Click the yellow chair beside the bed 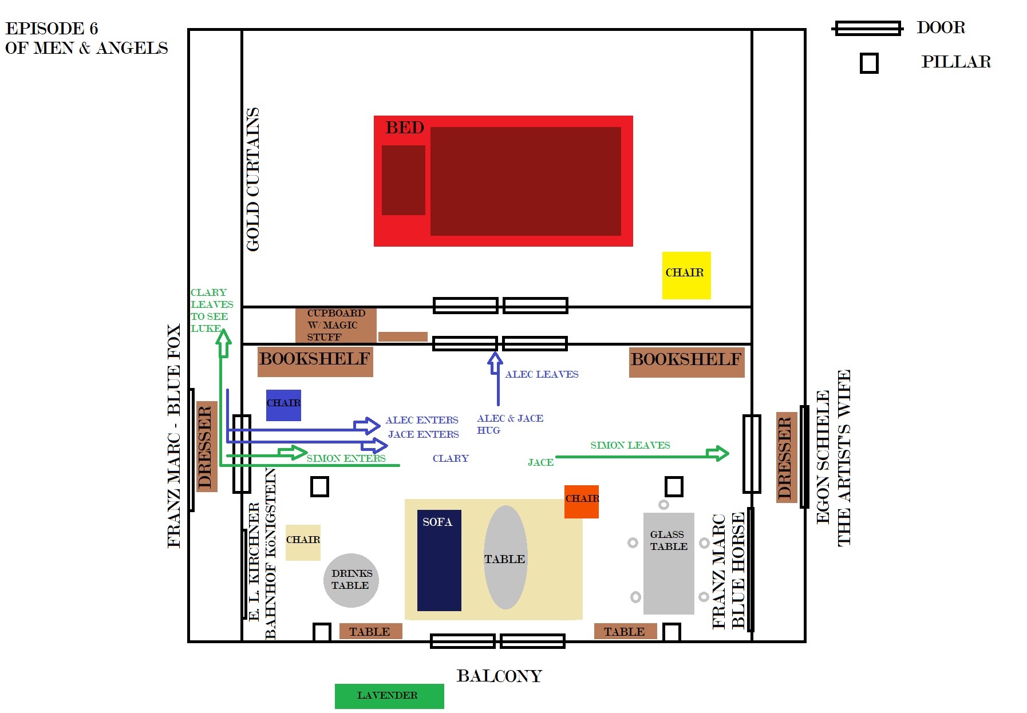(686, 275)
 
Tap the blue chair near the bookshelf (283, 405)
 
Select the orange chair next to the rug (582, 502)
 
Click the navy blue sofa (439, 560)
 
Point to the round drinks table (351, 580)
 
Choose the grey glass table (669, 563)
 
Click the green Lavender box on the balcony (389, 696)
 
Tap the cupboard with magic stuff (336, 325)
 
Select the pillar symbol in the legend (869, 63)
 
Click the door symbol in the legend (868, 28)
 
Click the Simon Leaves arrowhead (718, 453)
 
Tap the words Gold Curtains (252, 180)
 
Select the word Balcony (499, 676)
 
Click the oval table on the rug (505, 557)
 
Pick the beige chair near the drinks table (303, 542)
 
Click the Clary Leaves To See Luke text (212, 310)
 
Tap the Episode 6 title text (86, 38)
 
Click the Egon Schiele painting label (833, 458)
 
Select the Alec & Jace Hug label (510, 424)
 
